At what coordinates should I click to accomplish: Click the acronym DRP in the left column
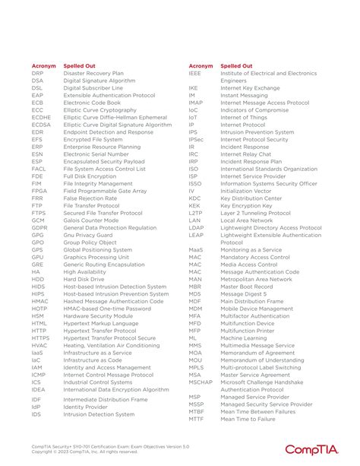pyautogui.click(x=37, y=73)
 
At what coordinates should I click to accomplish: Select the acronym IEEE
pyautogui.click(x=195, y=73)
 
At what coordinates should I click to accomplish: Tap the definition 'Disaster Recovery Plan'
pyautogui.click(x=93, y=73)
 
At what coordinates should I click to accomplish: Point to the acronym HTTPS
pyautogui.click(x=41, y=338)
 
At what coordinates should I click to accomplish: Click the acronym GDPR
pyautogui.click(x=39, y=227)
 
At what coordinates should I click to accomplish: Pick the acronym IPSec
pyautogui.click(x=197, y=139)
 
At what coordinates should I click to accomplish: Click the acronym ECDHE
pyautogui.click(x=42, y=117)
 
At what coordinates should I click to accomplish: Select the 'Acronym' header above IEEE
pyautogui.click(x=201, y=66)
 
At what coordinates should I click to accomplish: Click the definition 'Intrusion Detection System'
pyautogui.click(x=99, y=415)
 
